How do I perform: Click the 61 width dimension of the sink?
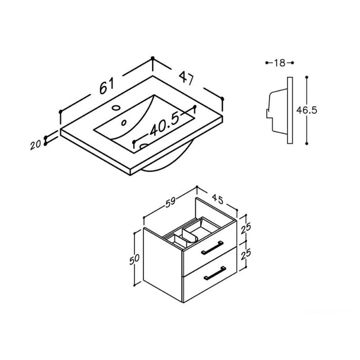coord(107,86)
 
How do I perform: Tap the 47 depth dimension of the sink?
coord(187,78)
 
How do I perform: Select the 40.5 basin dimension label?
coord(165,125)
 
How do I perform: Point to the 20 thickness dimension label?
coord(36,145)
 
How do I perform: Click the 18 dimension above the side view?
coord(279,63)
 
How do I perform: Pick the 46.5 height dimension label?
coord(307,110)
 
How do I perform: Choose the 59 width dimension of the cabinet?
coord(171,202)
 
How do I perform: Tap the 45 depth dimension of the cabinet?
coord(217,199)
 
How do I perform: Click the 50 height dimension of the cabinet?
coord(134,259)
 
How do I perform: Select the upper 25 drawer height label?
coord(246,229)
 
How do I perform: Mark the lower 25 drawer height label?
coord(246,255)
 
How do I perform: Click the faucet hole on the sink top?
coord(117,107)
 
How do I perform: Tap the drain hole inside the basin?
coord(124,123)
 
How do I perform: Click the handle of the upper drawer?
coord(213,247)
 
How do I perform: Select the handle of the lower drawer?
coord(215,273)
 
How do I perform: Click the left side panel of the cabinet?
coord(163,265)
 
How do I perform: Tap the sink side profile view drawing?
coord(279,110)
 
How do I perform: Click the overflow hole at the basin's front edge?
coord(144,146)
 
